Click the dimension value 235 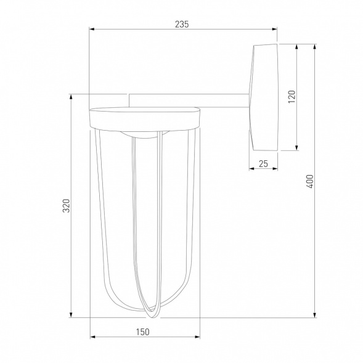181,24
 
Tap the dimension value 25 263,163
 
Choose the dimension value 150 142,332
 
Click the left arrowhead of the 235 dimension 92,29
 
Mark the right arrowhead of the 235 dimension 275,29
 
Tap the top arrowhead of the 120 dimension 298,45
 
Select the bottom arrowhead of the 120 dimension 298,148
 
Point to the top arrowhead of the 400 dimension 316,45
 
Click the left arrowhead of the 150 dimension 93,337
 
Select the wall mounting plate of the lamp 264,97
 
